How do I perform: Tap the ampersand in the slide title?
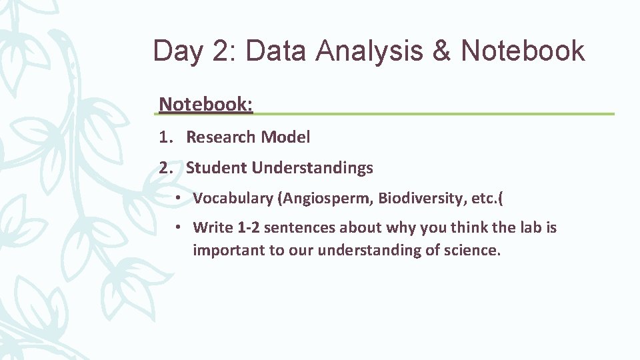[442, 51]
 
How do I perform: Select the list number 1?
[165, 137]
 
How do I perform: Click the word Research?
[221, 137]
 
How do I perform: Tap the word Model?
[285, 137]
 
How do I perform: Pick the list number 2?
[165, 168]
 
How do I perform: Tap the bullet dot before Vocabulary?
[181, 198]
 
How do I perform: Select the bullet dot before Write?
[181, 227]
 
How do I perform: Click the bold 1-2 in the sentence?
[249, 227]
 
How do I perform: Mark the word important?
[225, 251]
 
